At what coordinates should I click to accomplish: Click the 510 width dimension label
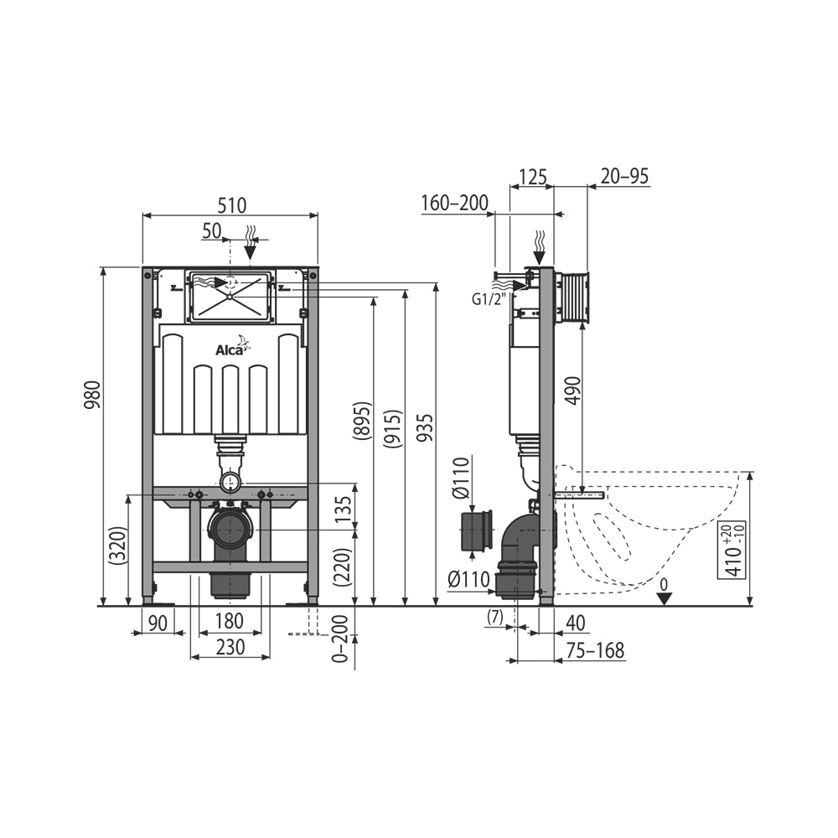pyautogui.click(x=231, y=204)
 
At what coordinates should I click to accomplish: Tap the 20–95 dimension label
pyautogui.click(x=624, y=176)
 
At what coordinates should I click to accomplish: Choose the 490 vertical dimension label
pyautogui.click(x=572, y=391)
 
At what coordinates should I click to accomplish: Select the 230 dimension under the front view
pyautogui.click(x=230, y=647)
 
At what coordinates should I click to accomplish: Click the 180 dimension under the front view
pyautogui.click(x=229, y=621)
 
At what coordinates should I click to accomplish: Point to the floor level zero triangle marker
pyautogui.click(x=665, y=597)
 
